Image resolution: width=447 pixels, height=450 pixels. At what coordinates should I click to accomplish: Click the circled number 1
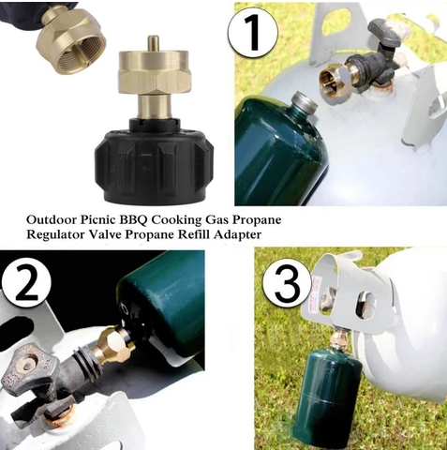(x=253, y=33)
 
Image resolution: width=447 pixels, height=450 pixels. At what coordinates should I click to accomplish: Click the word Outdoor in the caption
(x=52, y=220)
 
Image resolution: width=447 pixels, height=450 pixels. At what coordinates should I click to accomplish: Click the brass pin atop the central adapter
(x=152, y=44)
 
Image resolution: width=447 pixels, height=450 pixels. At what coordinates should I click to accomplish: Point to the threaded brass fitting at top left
(x=70, y=40)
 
